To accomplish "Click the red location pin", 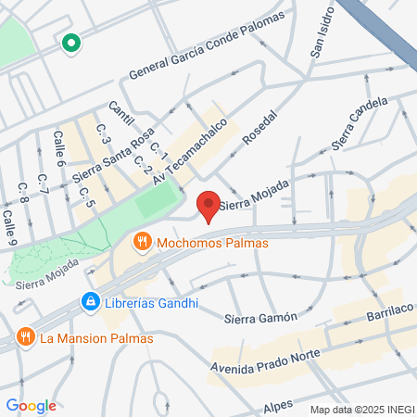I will (x=208, y=205).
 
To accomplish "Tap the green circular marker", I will (x=70, y=43).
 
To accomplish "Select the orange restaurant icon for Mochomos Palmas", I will (x=142, y=243).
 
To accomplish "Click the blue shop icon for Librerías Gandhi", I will (x=90, y=301).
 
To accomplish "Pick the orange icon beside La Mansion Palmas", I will (x=24, y=337).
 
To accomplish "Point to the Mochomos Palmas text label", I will (x=212, y=244).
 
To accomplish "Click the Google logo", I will (x=31, y=405).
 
